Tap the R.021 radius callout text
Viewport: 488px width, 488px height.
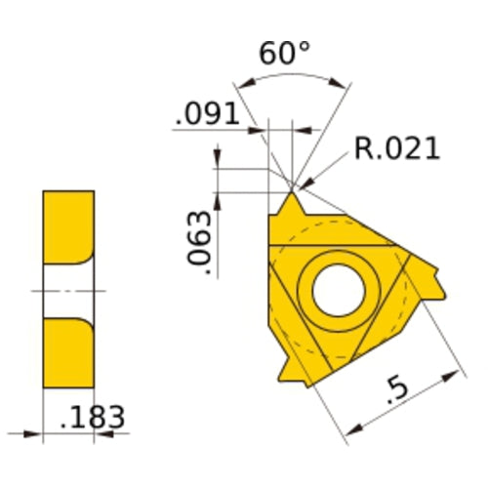click(396, 148)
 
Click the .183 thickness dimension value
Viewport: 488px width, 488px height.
click(93, 418)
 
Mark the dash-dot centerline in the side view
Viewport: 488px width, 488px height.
click(68, 290)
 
